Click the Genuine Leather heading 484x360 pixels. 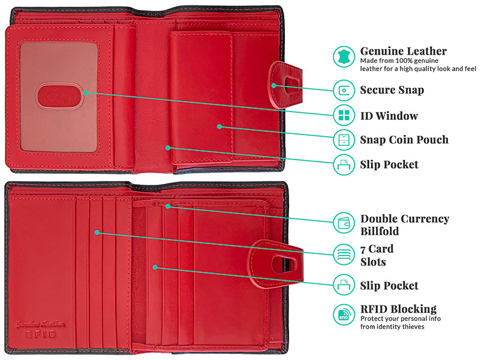403,51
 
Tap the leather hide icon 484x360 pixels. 344,57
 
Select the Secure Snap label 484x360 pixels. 392,90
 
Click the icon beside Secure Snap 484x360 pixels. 344,90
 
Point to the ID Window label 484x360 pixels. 389,116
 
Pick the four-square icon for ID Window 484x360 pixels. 344,115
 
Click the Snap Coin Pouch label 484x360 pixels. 404,140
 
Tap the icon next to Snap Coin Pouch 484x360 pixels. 344,140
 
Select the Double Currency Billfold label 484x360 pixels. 405,225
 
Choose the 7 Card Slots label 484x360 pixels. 377,256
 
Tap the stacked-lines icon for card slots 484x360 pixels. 344,254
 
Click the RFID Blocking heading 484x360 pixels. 398,309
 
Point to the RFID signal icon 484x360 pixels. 344,314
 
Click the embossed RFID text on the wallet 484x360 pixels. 41,334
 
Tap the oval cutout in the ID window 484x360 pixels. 59,97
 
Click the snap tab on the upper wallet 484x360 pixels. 285,85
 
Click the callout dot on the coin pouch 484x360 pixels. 219,127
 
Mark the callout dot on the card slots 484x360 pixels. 97,232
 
